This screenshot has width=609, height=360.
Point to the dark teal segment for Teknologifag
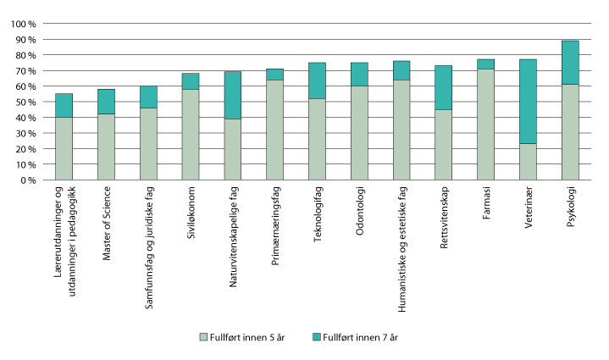[x=318, y=80]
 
